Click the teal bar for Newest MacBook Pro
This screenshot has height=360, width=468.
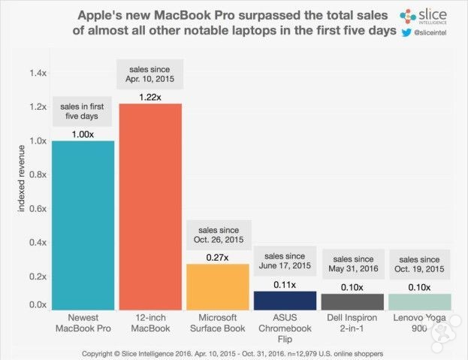pyautogui.click(x=83, y=225)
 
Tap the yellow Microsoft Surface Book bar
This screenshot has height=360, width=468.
pyautogui.click(x=217, y=286)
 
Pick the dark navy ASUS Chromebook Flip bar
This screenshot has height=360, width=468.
pyautogui.click(x=284, y=300)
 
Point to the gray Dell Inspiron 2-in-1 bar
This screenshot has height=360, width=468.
pyautogui.click(x=352, y=301)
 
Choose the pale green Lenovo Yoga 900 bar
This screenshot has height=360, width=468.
pyautogui.click(x=418, y=301)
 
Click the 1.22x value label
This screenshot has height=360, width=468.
pyautogui.click(x=149, y=96)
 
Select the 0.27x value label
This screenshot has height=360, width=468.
pyautogui.click(x=217, y=257)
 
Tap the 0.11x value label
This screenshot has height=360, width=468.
pyautogui.click(x=284, y=284)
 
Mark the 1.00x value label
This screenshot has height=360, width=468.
pyautogui.click(x=83, y=134)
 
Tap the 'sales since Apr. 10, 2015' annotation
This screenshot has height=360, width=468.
pyautogui.click(x=149, y=74)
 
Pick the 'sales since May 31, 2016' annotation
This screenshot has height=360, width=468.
pyautogui.click(x=352, y=265)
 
